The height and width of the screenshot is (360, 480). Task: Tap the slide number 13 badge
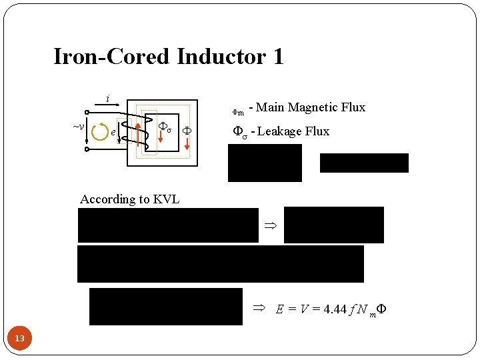[x=20, y=339]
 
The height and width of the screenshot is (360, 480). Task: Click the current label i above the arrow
[x=108, y=99]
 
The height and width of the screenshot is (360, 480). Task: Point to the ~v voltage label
[x=78, y=126]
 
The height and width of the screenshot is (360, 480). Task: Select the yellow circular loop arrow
[x=100, y=131]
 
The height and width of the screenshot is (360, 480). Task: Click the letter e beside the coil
[x=113, y=132]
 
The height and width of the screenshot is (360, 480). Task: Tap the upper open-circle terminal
[x=87, y=112]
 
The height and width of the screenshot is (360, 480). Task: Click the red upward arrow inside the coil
[x=138, y=132]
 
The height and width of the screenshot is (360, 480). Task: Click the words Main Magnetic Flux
[x=311, y=107]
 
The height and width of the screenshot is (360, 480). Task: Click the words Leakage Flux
[x=293, y=131]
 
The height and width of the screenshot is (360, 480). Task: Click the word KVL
[x=166, y=199]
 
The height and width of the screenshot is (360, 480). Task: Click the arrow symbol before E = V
[x=259, y=309]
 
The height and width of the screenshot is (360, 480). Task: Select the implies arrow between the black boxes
[x=270, y=226]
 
